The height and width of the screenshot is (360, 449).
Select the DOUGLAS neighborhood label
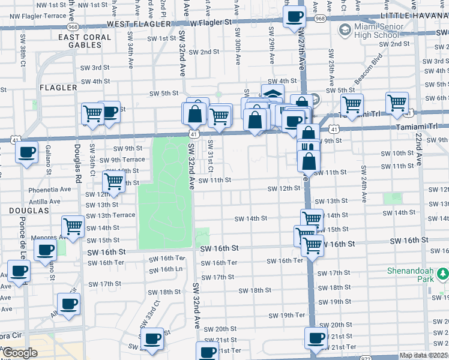pyautogui.click(x=28, y=211)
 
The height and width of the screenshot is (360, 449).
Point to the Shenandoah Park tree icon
pyautogui.click(x=443, y=273)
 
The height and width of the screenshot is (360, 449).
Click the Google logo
pyautogui.click(x=20, y=353)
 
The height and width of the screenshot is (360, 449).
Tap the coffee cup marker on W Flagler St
pyautogui.click(x=294, y=17)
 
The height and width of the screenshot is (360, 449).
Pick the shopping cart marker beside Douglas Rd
pyautogui.click(x=73, y=227)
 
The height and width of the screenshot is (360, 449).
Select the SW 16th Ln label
pyautogui.click(x=166, y=269)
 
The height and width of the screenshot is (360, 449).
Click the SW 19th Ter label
pyautogui.click(x=288, y=315)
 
